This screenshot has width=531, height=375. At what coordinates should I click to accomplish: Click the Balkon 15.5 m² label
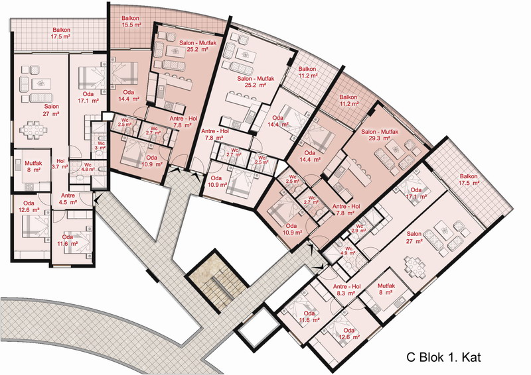point(131,22)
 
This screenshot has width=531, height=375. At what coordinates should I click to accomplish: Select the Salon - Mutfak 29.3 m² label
point(380,135)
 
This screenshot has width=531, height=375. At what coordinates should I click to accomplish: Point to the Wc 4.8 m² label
point(88,168)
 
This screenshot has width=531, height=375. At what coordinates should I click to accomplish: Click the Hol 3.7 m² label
point(60,164)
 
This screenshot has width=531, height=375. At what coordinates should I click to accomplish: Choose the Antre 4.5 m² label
point(68,199)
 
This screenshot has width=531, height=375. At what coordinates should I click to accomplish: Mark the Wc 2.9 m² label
point(359,228)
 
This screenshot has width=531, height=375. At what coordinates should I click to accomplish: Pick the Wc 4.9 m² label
point(348,250)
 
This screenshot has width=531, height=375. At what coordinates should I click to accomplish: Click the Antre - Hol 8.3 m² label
point(346,290)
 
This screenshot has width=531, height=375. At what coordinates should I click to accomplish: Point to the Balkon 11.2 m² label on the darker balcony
point(348,101)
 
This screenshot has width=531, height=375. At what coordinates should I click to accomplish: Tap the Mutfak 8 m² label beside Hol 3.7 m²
point(33,166)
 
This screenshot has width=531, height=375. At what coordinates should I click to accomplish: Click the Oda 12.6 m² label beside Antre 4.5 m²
point(29,206)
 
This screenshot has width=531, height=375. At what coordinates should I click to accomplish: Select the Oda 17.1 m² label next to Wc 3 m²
point(88,97)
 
